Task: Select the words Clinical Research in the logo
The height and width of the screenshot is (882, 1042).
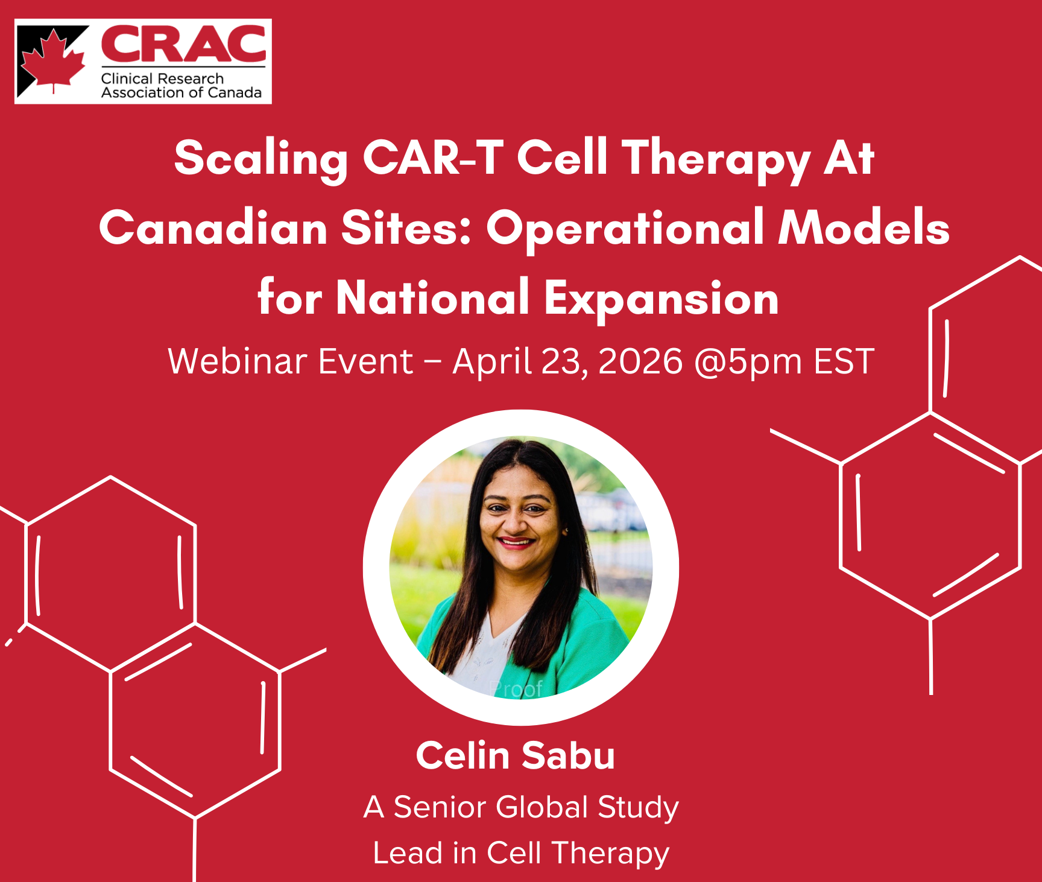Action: click(162, 78)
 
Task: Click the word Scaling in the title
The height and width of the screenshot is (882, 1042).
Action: click(261, 159)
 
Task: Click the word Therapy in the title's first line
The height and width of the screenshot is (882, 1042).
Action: click(716, 159)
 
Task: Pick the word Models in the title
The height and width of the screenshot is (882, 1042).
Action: click(864, 227)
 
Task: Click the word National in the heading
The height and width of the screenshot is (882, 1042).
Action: click(432, 297)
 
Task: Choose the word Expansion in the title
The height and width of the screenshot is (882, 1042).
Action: click(662, 299)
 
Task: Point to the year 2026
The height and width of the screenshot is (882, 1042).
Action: click(640, 361)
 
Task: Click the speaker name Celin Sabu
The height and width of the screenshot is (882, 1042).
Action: click(516, 755)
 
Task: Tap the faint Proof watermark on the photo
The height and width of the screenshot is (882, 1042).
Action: click(516, 688)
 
